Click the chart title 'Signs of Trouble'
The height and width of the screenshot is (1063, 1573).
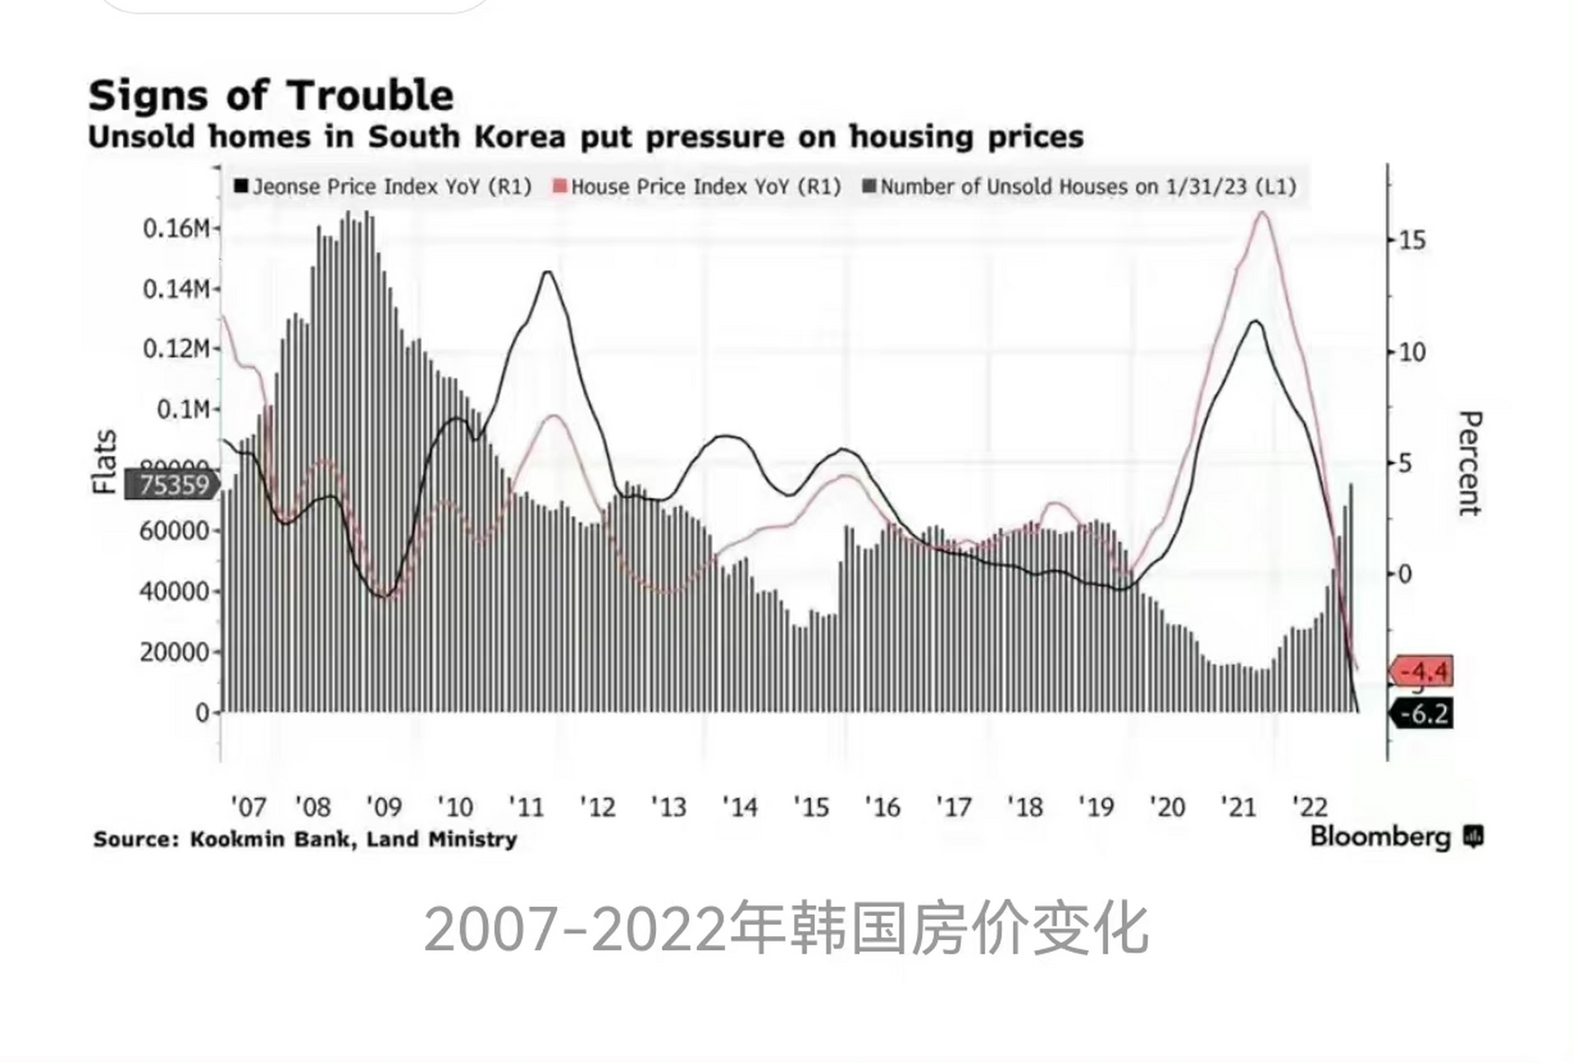271,96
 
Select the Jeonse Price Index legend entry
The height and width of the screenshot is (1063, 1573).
383,187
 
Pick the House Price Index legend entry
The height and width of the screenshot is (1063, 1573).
697,187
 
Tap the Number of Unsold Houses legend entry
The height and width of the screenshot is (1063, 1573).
1079,187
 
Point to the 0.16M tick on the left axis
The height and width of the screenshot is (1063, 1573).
176,228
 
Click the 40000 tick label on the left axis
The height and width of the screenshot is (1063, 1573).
174,591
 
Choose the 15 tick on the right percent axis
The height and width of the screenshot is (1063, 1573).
1412,241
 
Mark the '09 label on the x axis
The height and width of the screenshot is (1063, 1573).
384,807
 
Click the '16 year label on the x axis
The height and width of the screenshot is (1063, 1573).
882,807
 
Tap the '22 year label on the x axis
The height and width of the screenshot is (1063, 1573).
1310,807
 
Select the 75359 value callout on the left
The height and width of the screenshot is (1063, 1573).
173,485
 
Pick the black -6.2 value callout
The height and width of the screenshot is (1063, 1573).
1424,713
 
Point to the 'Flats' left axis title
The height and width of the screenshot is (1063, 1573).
105,462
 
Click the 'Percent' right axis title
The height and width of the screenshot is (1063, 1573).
1469,463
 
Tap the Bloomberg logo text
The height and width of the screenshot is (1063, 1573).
1379,837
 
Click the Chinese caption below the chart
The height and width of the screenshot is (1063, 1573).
786,929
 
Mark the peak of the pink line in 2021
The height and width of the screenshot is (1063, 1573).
1262,213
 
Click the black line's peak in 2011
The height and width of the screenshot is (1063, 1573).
548,272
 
